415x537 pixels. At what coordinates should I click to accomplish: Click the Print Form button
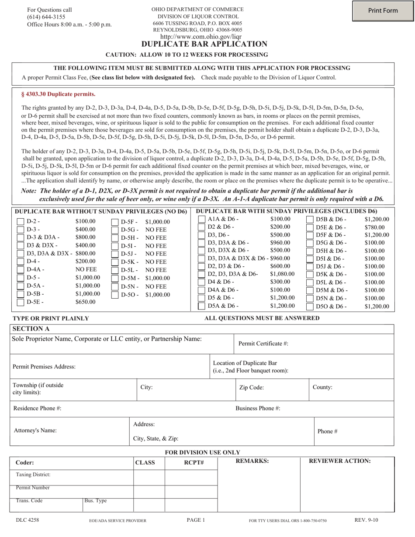(383, 11)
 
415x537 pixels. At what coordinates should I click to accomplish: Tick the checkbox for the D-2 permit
(20, 222)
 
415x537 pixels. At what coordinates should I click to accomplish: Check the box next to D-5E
(20, 302)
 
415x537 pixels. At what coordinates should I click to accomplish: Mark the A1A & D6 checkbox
(202, 219)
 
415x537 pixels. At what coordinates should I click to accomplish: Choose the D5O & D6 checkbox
(310, 306)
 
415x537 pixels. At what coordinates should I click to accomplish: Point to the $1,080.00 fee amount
(282, 274)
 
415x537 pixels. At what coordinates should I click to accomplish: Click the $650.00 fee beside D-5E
(85, 302)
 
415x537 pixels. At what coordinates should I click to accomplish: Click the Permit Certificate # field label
(263, 344)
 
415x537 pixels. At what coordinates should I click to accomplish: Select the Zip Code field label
(251, 387)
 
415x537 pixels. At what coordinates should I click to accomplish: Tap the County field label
(322, 387)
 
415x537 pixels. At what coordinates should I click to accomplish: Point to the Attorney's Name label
(35, 430)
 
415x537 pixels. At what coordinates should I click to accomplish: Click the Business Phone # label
(258, 409)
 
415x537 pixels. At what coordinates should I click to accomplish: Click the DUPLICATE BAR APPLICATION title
(204, 44)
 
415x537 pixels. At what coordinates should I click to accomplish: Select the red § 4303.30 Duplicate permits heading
(59, 94)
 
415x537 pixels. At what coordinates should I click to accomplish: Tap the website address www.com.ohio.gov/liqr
(201, 37)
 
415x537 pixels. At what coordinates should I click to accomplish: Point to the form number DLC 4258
(27, 520)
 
